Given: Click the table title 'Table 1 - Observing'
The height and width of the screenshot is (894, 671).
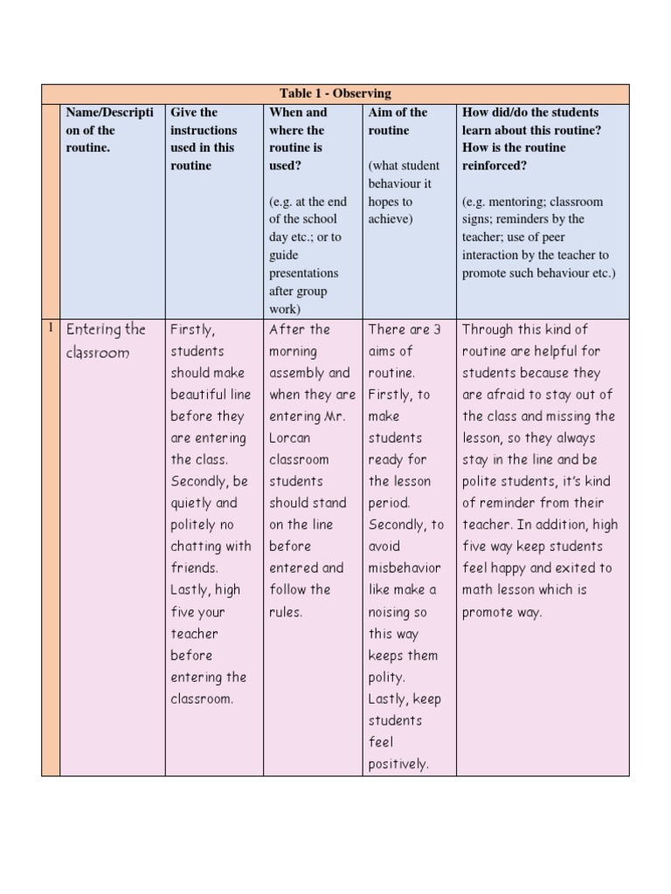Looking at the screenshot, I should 335,93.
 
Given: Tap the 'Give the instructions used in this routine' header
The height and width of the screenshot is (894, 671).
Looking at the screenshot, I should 204,139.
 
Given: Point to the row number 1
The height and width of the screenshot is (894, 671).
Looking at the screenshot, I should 51,328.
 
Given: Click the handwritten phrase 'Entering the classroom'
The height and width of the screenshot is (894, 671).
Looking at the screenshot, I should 106,340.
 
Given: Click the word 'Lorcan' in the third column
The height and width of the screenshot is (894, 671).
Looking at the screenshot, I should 289,437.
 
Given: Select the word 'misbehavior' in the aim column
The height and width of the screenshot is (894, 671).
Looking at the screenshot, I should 405,567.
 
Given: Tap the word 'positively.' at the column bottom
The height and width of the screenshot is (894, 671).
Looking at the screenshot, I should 398,764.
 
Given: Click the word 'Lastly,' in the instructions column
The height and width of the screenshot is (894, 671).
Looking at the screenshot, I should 194,589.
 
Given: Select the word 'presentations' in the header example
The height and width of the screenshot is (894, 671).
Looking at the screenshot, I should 303,272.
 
